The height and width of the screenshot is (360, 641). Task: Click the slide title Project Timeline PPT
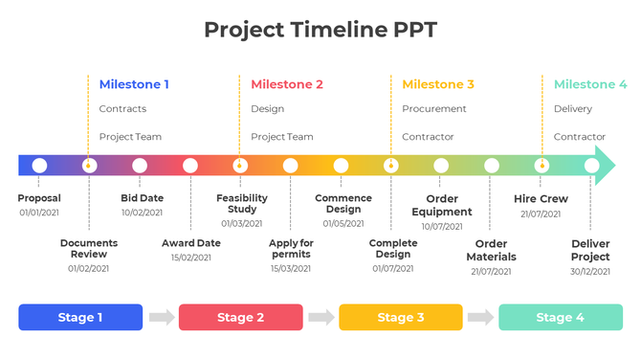[320, 29]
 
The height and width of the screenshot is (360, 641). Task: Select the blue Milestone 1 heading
[134, 84]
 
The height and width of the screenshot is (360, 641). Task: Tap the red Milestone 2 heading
[287, 84]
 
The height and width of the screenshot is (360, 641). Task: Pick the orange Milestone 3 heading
[438, 84]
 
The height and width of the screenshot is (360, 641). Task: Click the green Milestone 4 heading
[590, 84]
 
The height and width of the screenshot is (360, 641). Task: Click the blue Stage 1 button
[80, 317]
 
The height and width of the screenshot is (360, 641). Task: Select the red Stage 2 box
[240, 317]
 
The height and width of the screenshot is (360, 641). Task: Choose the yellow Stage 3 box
[400, 317]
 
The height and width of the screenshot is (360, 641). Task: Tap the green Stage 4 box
[560, 317]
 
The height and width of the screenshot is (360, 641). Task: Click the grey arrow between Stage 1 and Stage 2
[162, 317]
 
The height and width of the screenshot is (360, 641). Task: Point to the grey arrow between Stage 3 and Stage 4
[480, 317]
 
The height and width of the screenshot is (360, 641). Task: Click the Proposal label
[39, 198]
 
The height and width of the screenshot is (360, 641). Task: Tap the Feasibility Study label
[242, 203]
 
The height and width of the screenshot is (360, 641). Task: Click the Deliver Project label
[590, 250]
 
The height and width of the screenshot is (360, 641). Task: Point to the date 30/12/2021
[590, 271]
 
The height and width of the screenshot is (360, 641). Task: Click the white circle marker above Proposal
[39, 166]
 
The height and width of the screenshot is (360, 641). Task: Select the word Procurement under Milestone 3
[434, 109]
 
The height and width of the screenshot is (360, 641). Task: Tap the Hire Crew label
[541, 199]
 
